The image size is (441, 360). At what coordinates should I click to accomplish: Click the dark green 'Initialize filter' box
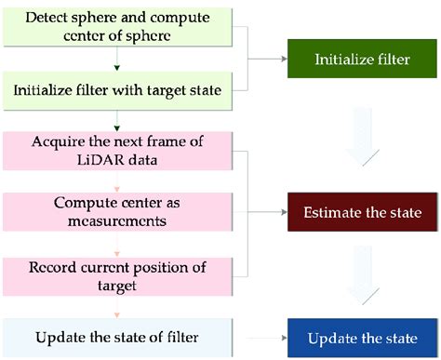(x=363, y=59)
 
